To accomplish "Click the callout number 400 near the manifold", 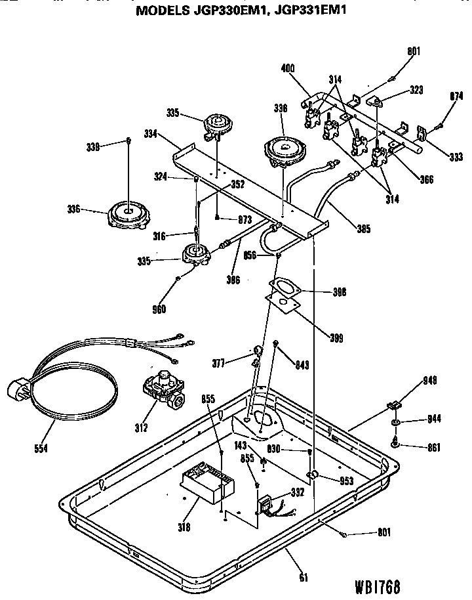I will [288, 68].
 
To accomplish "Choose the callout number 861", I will [433, 448].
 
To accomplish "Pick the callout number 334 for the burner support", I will [149, 134].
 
